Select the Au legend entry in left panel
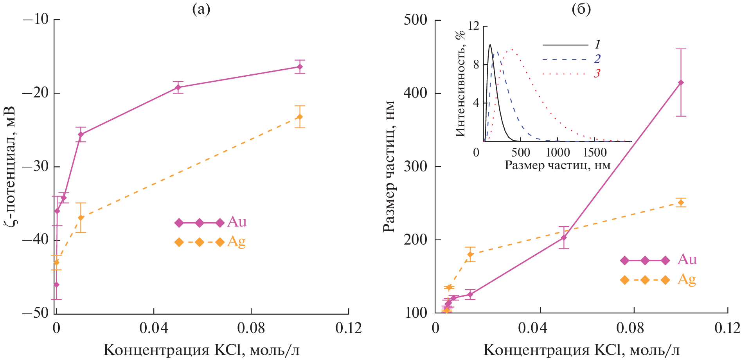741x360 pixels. (211, 222)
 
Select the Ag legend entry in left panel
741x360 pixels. (211, 242)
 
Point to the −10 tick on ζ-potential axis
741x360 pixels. (35, 19)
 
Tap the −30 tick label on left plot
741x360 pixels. (35, 166)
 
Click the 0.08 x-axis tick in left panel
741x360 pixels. (251, 328)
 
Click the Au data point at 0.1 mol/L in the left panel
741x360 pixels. (300, 67)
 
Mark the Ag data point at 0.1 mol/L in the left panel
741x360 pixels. (300, 117)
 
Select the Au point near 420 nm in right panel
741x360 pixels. (681, 83)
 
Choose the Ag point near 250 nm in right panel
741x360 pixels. (681, 202)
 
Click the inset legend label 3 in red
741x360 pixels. (597, 74)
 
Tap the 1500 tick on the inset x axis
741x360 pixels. (595, 152)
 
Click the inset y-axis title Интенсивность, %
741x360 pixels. (461, 84)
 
